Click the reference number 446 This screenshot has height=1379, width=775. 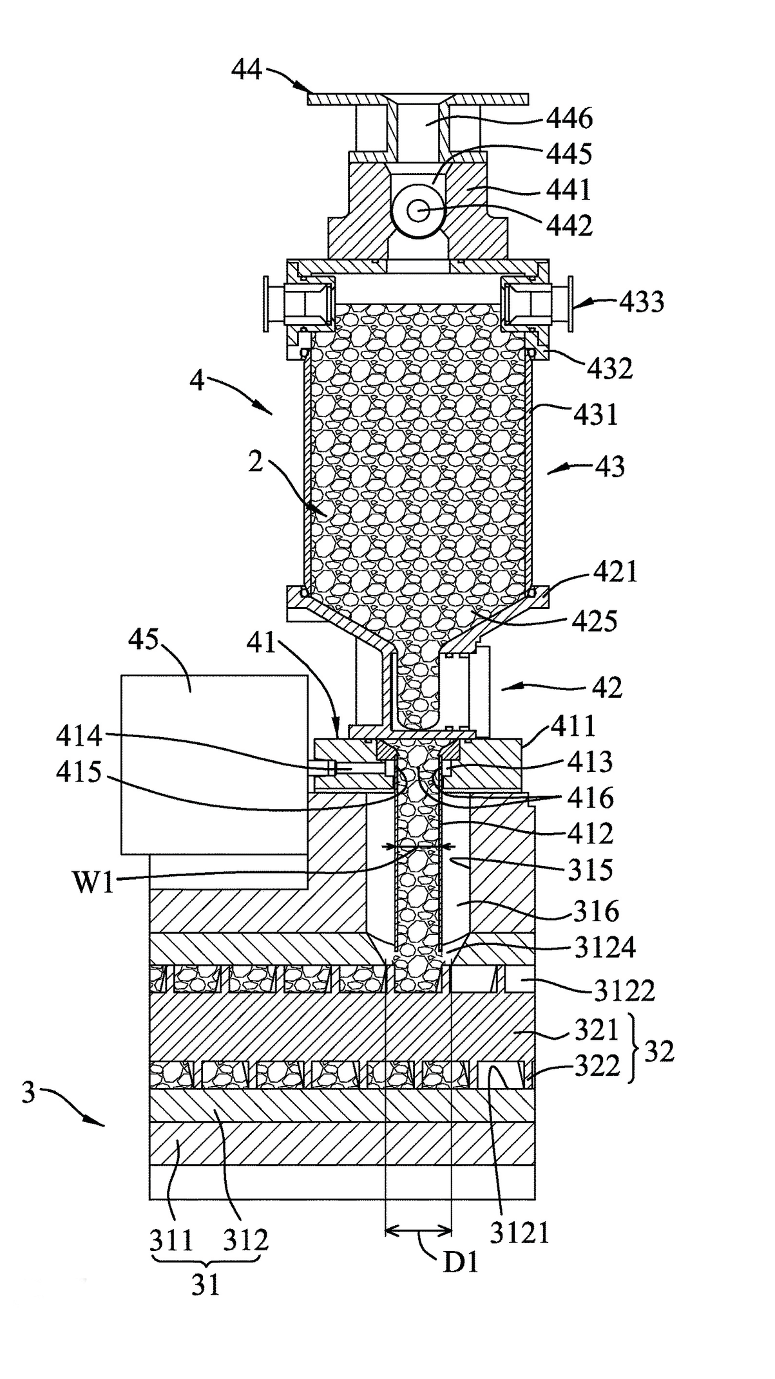point(569,118)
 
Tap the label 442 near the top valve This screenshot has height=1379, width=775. point(569,226)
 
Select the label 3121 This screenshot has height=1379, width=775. point(520,1233)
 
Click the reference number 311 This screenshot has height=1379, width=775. point(172,1239)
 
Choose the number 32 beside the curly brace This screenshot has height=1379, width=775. point(658,1052)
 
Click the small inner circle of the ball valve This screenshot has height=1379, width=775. point(419,211)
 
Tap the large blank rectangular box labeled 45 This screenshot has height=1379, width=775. point(215,765)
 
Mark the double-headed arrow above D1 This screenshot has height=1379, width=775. point(417,1232)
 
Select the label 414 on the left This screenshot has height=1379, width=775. point(79,735)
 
